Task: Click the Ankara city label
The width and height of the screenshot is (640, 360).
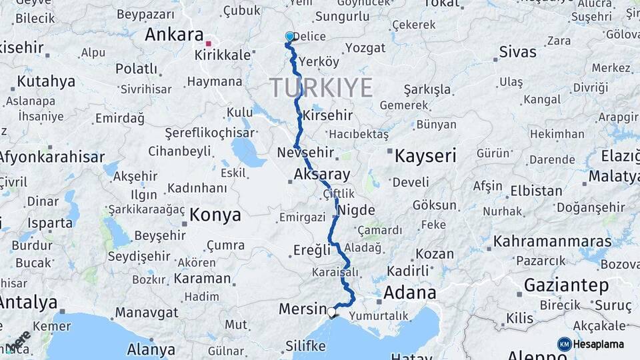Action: (174, 35)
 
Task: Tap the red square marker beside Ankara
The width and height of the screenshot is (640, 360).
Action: (209, 43)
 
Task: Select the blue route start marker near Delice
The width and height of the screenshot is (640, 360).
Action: (289, 37)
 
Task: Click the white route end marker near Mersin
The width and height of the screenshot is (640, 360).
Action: (331, 311)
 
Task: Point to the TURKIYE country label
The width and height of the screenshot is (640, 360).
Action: (321, 87)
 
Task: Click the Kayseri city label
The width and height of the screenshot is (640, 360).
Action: (425, 157)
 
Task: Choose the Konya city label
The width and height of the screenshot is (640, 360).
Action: (215, 215)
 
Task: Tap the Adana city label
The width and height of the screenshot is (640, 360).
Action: (409, 292)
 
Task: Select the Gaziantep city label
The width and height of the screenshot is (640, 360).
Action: (566, 285)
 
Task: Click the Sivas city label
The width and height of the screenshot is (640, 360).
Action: (517, 51)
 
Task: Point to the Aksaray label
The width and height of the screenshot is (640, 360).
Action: (322, 175)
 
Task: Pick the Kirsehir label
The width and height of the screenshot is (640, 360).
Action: (327, 115)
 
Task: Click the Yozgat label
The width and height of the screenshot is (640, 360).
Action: (365, 48)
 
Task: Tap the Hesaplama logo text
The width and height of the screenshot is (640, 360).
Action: (600, 344)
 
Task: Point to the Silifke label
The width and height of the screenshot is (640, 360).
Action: (305, 345)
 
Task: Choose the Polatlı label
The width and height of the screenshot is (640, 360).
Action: (137, 69)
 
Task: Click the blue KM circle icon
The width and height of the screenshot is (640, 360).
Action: (564, 344)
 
